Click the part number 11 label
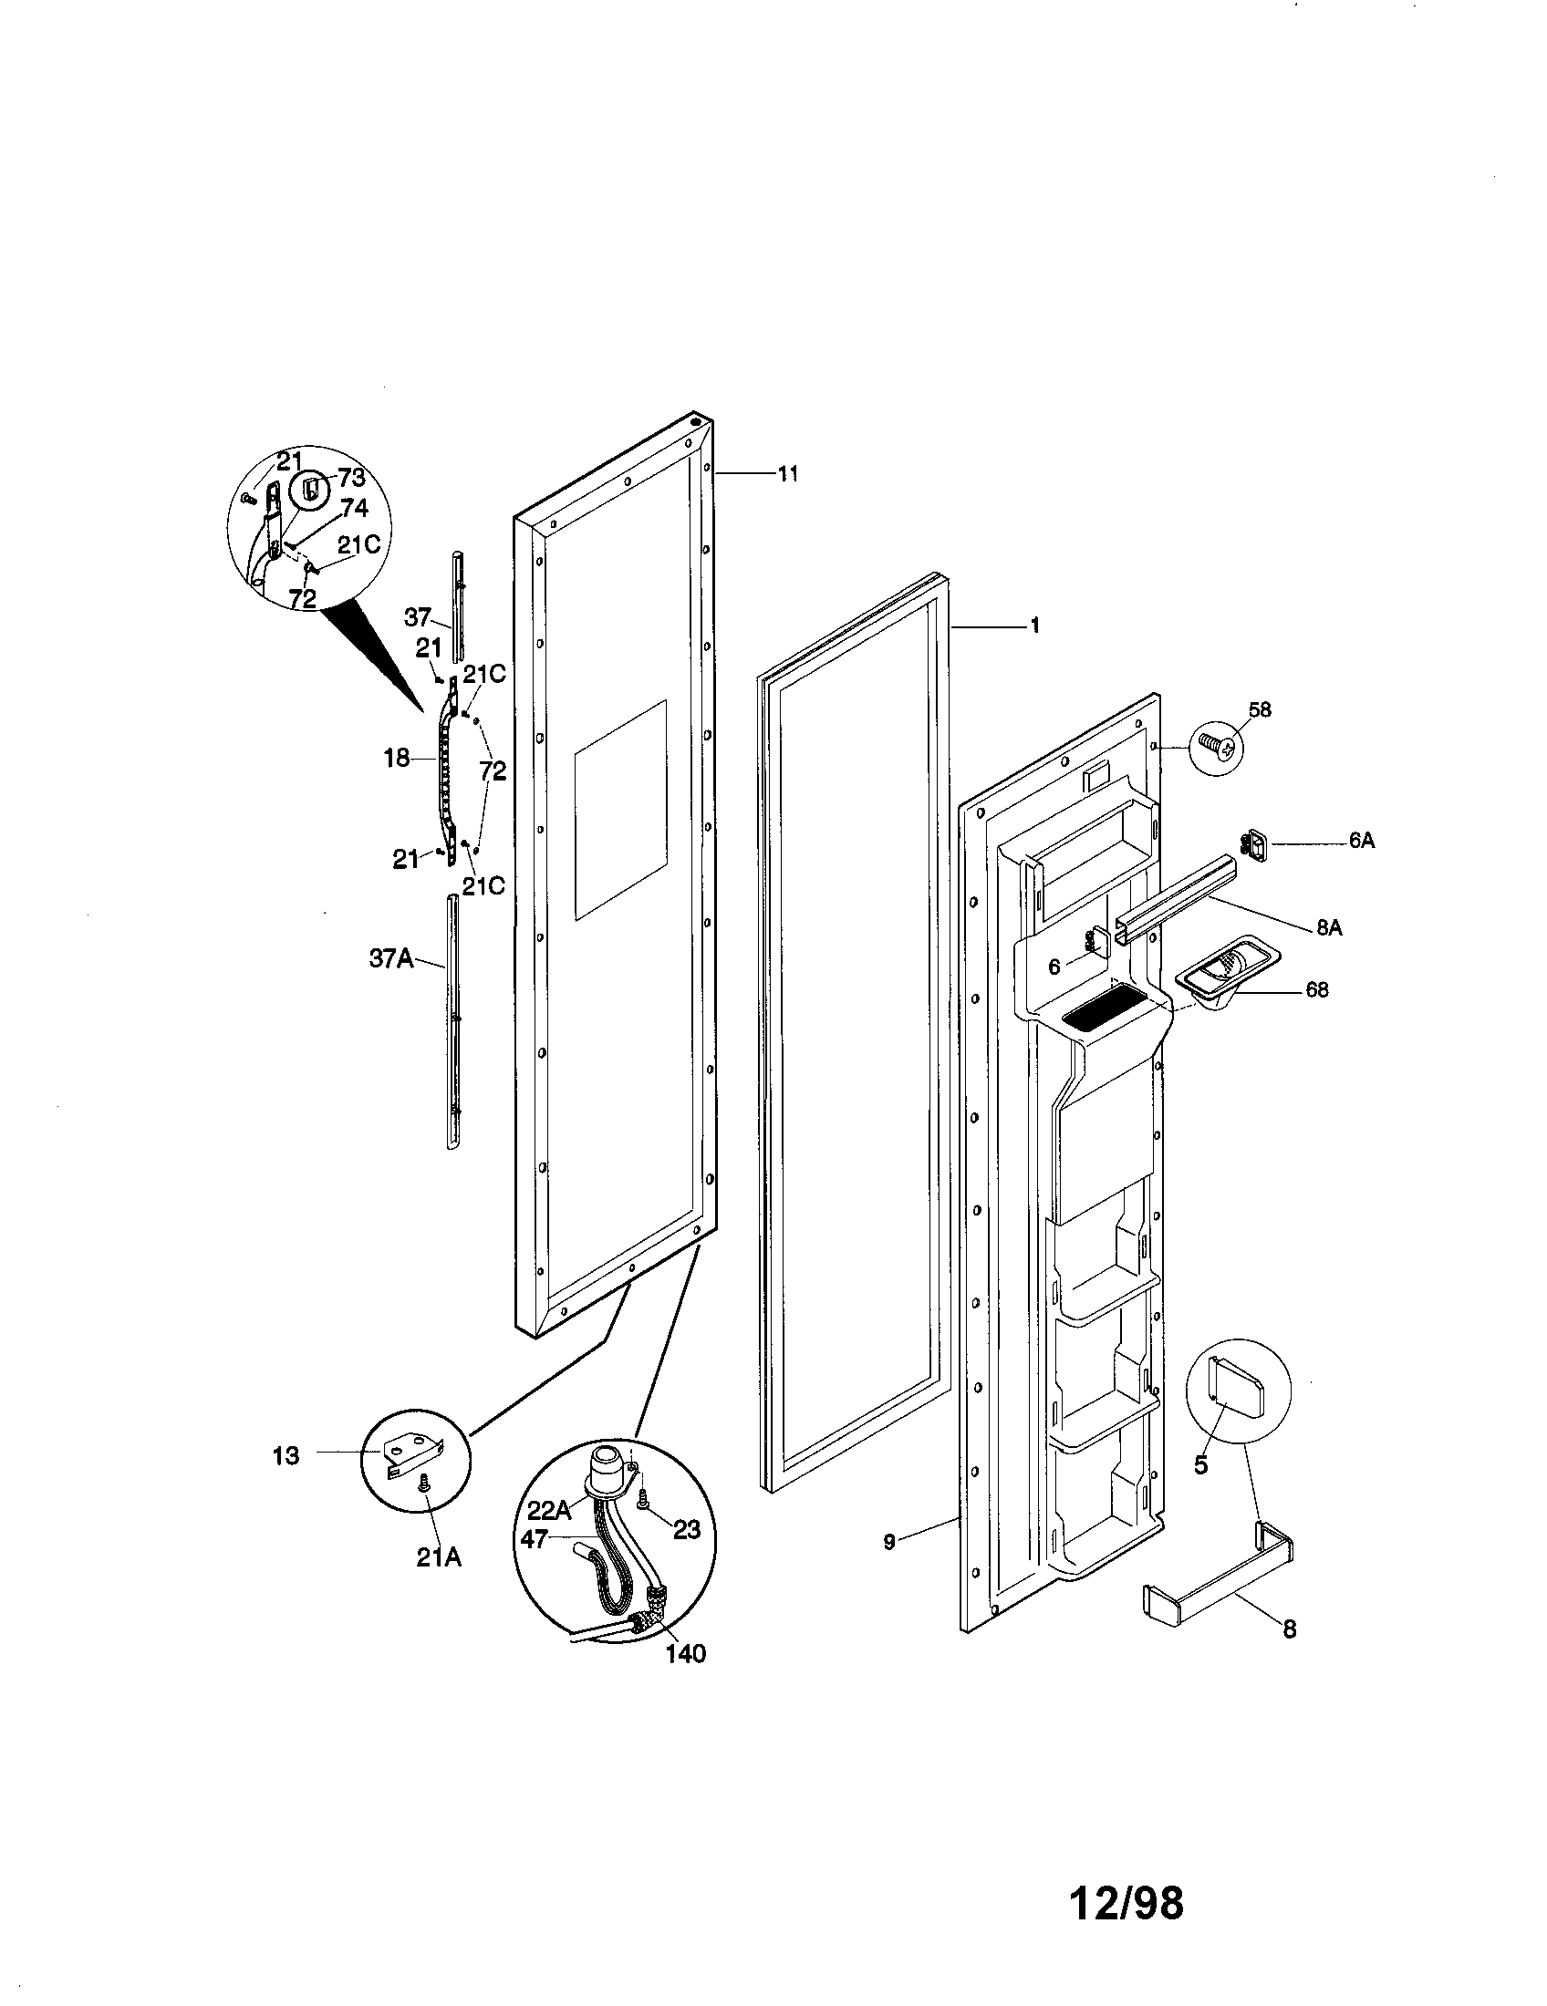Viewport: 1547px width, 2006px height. [787, 474]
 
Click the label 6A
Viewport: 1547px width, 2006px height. [1362, 841]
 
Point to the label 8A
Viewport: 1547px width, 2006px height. [1328, 927]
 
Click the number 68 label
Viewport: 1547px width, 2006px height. [1316, 990]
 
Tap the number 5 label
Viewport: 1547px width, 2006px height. [1200, 1464]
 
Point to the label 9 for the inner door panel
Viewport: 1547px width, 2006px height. [889, 1542]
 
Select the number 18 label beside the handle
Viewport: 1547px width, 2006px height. [397, 760]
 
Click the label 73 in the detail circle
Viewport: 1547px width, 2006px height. [351, 478]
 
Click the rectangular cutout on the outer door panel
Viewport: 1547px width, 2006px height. [620, 809]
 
